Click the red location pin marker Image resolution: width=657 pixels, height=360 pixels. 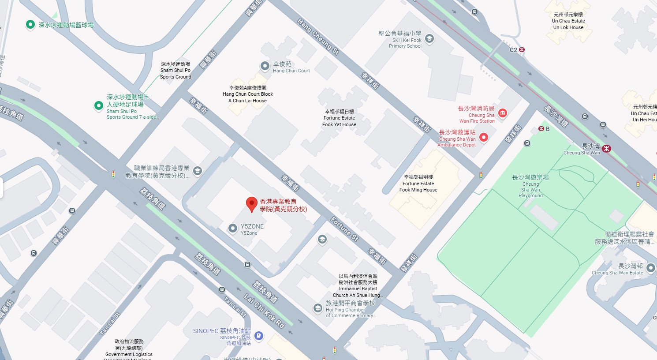click(251, 204)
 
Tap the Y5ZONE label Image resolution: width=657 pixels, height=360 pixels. click(252, 227)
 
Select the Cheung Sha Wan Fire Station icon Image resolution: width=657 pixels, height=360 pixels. click(502, 113)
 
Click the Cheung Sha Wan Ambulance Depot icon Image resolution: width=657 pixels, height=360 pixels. click(484, 138)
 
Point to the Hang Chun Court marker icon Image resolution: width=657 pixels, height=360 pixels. click(265, 66)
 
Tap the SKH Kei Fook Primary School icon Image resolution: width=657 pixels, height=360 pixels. click(429, 38)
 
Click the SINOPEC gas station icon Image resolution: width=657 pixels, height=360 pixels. click(259, 336)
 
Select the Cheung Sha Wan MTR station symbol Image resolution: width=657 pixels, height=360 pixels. click(607, 149)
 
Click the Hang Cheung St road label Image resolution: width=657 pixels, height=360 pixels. click(317, 37)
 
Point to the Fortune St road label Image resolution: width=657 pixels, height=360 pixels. click(344, 229)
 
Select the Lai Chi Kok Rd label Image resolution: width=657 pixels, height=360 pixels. click(265, 311)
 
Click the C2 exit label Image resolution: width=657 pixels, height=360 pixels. click(513, 50)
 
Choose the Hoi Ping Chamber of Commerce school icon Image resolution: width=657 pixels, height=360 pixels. click(317, 308)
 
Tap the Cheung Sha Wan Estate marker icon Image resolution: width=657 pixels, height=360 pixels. click(650, 268)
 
